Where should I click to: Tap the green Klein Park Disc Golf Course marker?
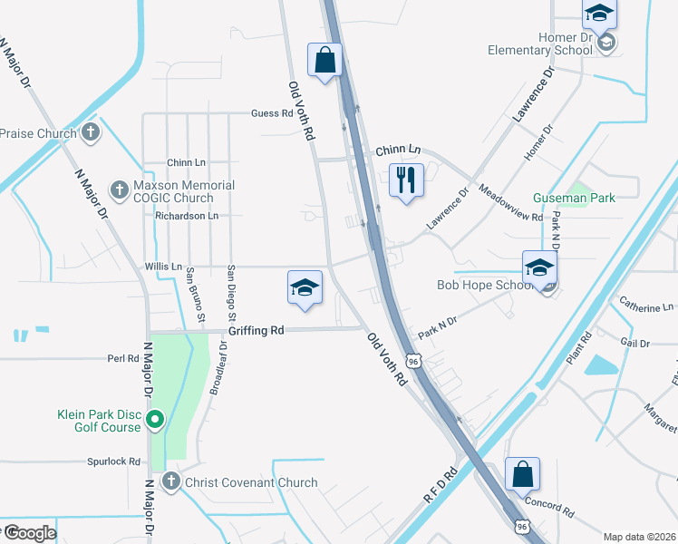pos(155,419)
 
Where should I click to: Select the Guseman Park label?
pos(576,198)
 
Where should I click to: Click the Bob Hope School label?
pos(485,285)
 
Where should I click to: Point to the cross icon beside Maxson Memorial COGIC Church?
pos(119,190)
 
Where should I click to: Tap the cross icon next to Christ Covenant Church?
pos(171,482)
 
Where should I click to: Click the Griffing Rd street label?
pos(257,331)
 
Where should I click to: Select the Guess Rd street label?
pos(273,114)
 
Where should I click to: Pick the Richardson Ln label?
pos(188,216)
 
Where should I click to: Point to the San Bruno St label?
pos(195,296)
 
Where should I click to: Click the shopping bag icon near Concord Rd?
pos(523,473)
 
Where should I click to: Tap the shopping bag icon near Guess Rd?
pos(324,60)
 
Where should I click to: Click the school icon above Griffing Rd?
pos(305,287)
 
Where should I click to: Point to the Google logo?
pos(30,532)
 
